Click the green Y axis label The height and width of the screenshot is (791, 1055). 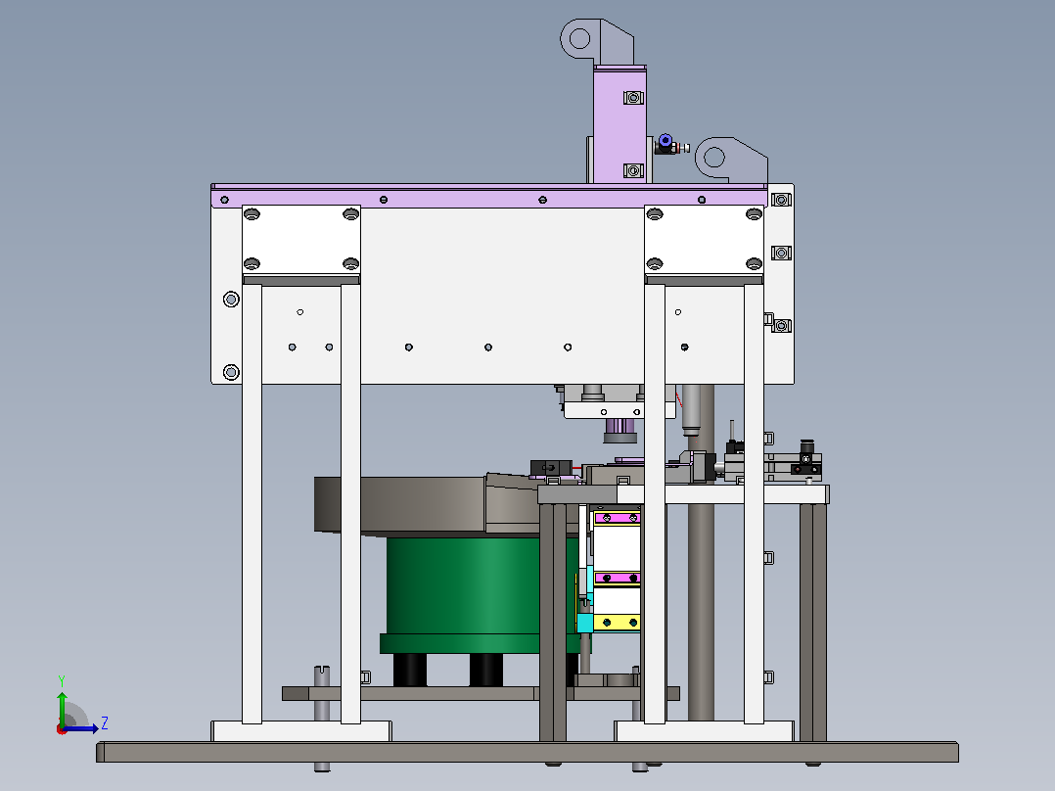(x=62, y=680)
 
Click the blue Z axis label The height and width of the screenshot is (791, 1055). (x=105, y=723)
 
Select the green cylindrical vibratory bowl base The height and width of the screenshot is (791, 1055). (x=464, y=585)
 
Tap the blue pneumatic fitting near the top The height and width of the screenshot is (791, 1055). (x=665, y=141)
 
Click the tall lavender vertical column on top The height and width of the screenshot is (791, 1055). (x=619, y=124)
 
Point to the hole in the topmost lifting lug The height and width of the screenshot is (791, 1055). (x=579, y=38)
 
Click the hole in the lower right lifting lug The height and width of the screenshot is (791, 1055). (x=713, y=158)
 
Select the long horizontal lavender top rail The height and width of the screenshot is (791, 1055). (x=489, y=197)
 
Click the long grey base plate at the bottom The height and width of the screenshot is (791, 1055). (x=527, y=752)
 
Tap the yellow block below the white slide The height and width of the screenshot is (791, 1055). (x=617, y=622)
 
